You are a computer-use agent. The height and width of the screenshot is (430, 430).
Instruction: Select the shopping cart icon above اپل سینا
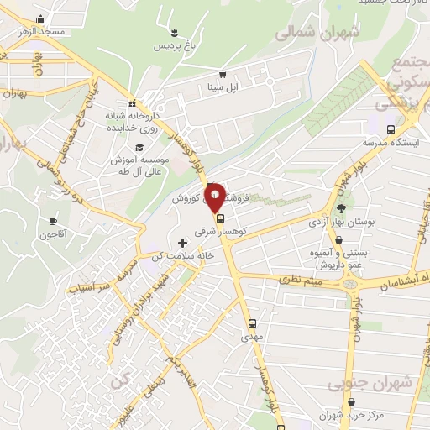click(x=223, y=74)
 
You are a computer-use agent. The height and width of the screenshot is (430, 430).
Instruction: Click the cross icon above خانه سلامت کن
click(x=182, y=242)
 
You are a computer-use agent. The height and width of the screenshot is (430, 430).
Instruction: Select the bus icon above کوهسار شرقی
click(x=220, y=218)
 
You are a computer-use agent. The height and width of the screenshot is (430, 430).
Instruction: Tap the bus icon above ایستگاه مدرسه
click(x=391, y=128)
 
